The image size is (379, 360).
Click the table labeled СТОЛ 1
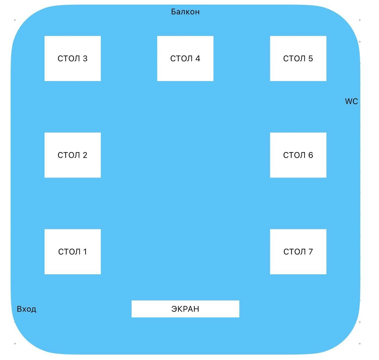pos(73,251)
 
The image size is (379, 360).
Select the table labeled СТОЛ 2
pos(73,155)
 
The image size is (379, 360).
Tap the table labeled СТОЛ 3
pos(73,58)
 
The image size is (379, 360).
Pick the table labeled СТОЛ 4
pos(185,58)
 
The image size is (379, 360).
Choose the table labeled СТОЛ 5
pos(298,58)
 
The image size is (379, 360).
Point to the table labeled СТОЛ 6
pos(298,155)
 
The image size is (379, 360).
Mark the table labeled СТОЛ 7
pos(298,251)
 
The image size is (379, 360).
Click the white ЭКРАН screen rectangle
pos(185,309)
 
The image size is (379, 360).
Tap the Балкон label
pos(185,12)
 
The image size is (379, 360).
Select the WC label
pos(351,101)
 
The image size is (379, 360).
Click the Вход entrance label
pos(26,309)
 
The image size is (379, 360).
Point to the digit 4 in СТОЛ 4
pos(198,58)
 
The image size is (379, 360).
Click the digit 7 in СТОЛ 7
pos(310,252)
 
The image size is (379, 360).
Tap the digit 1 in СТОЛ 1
pos(85,252)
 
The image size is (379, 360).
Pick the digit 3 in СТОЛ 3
pos(85,58)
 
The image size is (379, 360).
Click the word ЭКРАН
pos(185,309)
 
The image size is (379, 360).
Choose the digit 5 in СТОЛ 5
pos(310,58)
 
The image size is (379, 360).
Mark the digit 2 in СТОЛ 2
pos(85,155)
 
